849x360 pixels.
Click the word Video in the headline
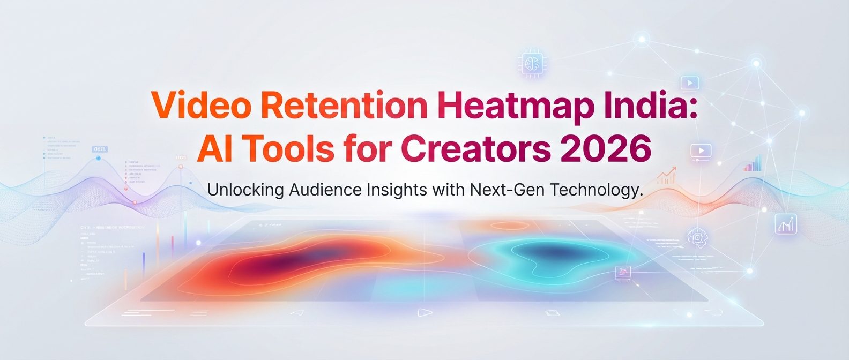pyautogui.click(x=201, y=106)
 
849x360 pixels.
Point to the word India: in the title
pyautogui.click(x=651, y=106)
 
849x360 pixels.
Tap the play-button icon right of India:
pyautogui.click(x=690, y=83)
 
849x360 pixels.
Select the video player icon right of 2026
pyautogui.click(x=701, y=151)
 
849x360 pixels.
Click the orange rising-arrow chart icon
pyautogui.click(x=666, y=176)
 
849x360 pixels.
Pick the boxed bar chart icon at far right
pyautogui.click(x=786, y=224)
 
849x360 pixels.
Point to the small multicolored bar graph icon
pyautogui.click(x=753, y=163)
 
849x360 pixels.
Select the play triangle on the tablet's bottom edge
pyautogui.click(x=424, y=312)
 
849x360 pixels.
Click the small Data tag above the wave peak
pyautogui.click(x=100, y=149)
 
